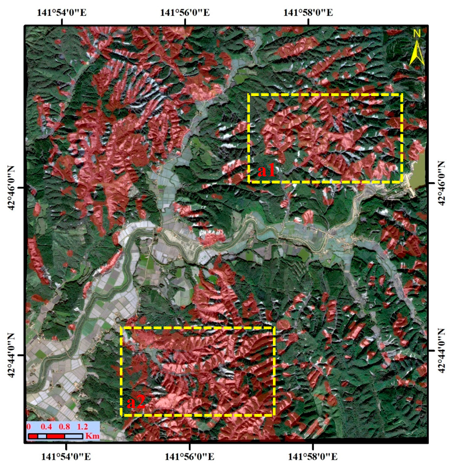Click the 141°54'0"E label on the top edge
tap(61, 13)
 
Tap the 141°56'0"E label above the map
tap(185, 13)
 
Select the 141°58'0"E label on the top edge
tap(308, 13)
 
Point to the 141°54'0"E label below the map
tap(66, 457)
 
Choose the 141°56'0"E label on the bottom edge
tap(189, 457)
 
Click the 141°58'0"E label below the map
tap(313, 457)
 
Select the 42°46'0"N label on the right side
tap(442, 183)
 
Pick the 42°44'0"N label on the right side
tap(442, 351)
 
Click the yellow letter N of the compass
tap(417, 34)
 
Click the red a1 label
tap(266, 171)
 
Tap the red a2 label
tap(136, 402)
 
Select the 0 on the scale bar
tap(29, 427)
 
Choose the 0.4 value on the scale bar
tap(46, 427)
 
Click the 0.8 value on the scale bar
tap(64, 427)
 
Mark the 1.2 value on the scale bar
tap(82, 427)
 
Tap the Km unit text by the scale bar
tap(92, 436)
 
